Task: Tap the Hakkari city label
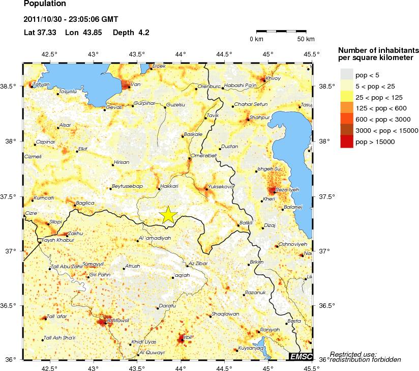tap(169, 186)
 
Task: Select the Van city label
tap(135, 84)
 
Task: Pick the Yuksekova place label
tap(221, 186)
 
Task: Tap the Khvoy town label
tap(273, 78)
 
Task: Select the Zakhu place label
tap(75, 234)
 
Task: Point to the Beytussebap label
tap(127, 186)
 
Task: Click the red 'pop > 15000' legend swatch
tap(346, 142)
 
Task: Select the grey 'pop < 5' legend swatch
tap(346, 75)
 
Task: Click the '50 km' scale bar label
tap(306, 39)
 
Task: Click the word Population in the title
tap(45, 4)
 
